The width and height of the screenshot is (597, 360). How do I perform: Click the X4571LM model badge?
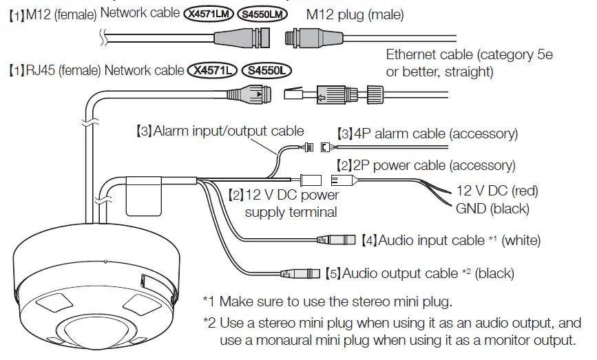click(210, 14)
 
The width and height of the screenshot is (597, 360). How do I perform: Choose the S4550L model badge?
click(268, 70)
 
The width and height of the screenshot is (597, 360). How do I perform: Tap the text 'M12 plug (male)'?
click(355, 14)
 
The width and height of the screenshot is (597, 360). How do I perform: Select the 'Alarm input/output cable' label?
click(228, 131)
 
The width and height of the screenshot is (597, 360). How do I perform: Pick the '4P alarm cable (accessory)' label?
click(427, 134)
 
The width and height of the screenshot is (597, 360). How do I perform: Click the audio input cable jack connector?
click(335, 240)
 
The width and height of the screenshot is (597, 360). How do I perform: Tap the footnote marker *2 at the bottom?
click(209, 322)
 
